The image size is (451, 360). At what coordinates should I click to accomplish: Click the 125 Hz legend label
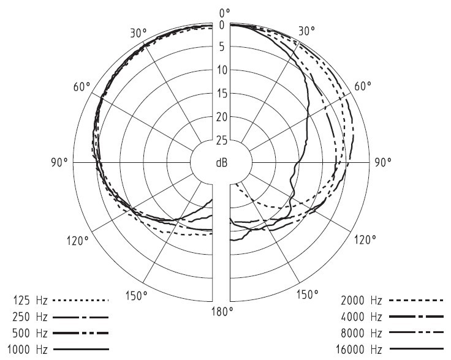pyautogui.click(x=29, y=301)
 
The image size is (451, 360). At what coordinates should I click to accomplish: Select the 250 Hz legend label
pyautogui.click(x=29, y=317)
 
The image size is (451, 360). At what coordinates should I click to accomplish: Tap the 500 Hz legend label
pyautogui.click(x=29, y=333)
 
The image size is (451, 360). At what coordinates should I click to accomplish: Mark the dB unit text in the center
pyautogui.click(x=221, y=163)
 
